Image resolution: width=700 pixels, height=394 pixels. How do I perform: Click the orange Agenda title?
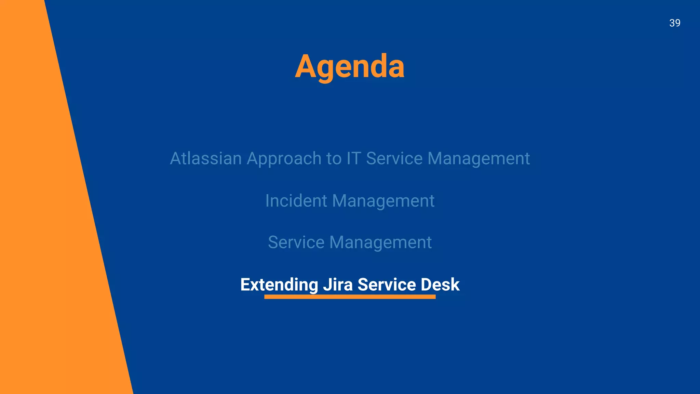click(350, 67)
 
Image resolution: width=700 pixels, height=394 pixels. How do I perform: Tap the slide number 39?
click(674, 23)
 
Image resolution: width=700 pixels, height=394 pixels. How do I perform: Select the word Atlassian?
click(206, 159)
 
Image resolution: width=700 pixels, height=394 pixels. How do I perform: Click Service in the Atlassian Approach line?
click(394, 159)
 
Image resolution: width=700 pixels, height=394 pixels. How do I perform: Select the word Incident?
click(296, 201)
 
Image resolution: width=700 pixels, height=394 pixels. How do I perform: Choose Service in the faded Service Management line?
click(296, 242)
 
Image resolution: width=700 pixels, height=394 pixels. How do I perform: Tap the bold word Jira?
click(338, 285)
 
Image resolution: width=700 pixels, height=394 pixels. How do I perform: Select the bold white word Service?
click(387, 285)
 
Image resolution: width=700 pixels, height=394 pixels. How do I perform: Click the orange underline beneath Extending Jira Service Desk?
click(350, 297)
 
